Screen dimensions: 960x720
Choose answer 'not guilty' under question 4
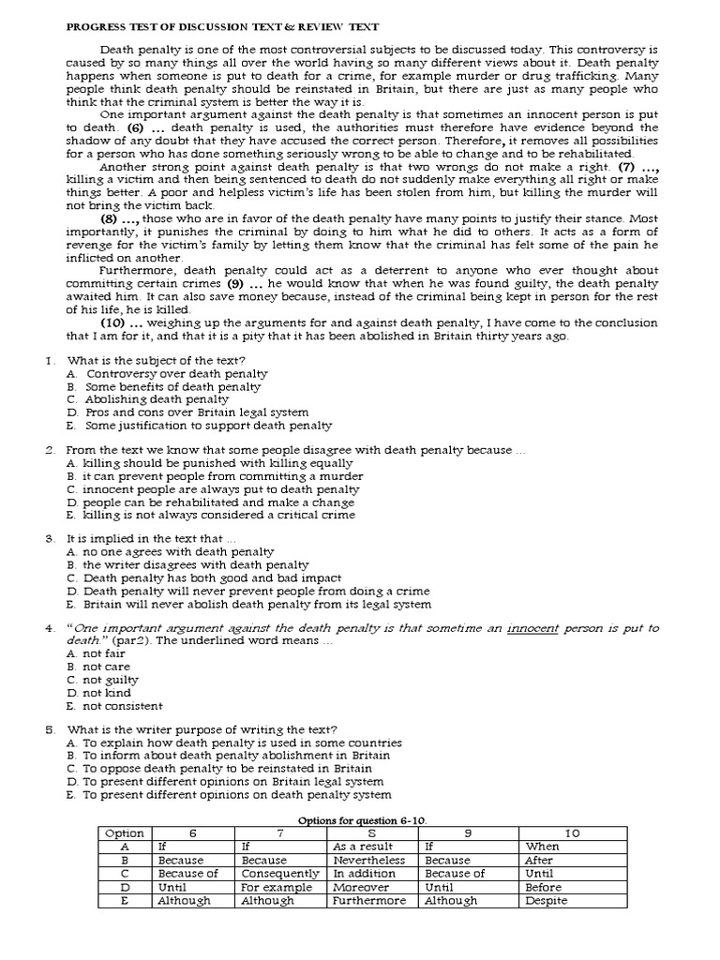(110, 680)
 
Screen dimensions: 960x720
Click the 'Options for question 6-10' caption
(361, 820)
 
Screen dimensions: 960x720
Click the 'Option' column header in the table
(125, 833)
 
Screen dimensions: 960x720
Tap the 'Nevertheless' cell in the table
(369, 860)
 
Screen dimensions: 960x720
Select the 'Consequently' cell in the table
(277, 874)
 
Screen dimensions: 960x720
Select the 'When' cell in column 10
(543, 847)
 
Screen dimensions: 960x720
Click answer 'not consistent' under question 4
(122, 706)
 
